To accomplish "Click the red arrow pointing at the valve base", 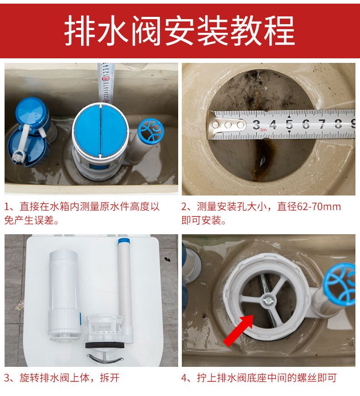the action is (x=239, y=330).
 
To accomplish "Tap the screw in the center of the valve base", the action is (x=267, y=300).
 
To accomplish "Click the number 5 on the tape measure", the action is (x=289, y=124).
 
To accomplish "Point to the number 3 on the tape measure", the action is (x=256, y=124).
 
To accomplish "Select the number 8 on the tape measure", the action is (x=338, y=124).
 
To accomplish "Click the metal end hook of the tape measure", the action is (x=226, y=125).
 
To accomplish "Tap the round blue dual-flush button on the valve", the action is (x=101, y=130).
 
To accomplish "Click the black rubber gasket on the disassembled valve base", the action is (x=105, y=345).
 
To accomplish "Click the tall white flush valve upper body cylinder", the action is (x=64, y=293).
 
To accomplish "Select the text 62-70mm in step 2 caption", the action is (x=319, y=206).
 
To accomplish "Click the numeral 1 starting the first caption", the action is (x=7, y=207).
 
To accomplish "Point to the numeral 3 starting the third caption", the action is (x=7, y=378).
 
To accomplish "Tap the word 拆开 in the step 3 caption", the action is (x=110, y=378).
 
